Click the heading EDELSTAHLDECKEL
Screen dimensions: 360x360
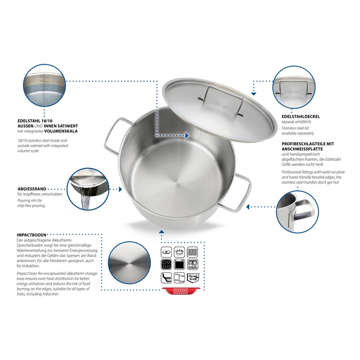coord(301,117)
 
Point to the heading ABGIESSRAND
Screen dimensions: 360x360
coord(32,189)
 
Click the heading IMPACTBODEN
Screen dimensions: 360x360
coord(31,235)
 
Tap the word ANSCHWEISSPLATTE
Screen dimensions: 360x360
coord(302,149)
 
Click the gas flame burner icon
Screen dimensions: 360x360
coord(179,252)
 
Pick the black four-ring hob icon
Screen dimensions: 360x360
coord(166,265)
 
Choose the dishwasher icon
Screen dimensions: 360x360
coord(193,265)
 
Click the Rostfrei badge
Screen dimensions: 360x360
coord(193,278)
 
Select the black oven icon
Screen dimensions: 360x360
coord(179,265)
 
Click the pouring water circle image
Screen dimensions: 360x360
coord(88,189)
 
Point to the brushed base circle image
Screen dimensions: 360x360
coord(129,263)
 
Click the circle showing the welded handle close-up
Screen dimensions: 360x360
coord(297,211)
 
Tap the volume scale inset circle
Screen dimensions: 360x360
coord(45,85)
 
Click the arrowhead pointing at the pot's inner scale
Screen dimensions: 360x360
coord(187,136)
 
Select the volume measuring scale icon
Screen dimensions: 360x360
coord(179,278)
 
